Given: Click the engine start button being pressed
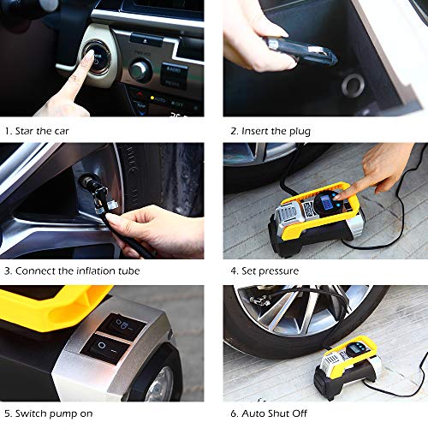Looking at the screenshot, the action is click(x=97, y=58).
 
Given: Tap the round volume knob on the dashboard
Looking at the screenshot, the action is click(x=140, y=70).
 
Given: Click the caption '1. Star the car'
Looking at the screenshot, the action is click(x=37, y=131).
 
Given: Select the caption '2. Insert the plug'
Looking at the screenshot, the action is click(x=270, y=131).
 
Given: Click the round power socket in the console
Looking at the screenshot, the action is click(x=353, y=85).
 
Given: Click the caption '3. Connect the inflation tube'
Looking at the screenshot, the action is click(x=72, y=270).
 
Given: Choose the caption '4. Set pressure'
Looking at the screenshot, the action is click(x=265, y=270).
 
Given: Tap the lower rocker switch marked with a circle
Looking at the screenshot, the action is click(x=105, y=348).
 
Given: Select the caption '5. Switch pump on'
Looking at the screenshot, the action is click(x=49, y=413).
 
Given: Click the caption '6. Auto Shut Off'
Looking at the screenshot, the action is click(x=269, y=413).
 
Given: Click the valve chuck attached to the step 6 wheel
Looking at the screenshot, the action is click(x=259, y=300).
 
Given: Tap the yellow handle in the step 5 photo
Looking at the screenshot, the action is click(x=54, y=308).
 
